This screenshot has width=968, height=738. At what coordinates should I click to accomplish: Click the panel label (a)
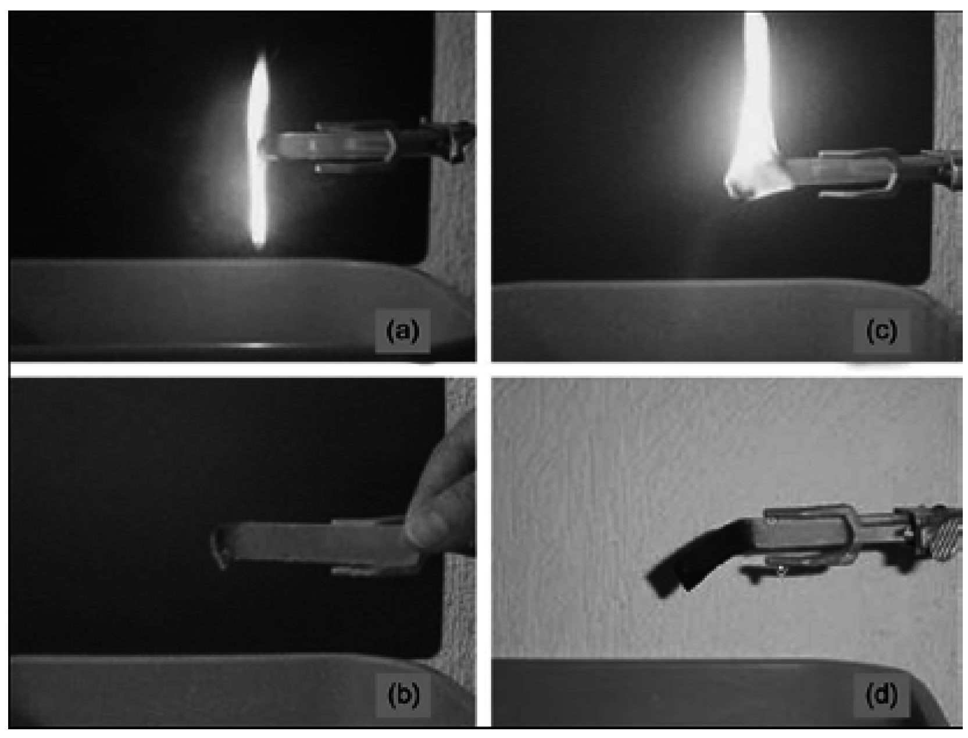click(x=402, y=331)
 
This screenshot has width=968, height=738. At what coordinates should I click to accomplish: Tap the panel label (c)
click(x=881, y=331)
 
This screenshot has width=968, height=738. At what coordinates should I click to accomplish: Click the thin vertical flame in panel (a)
click(x=259, y=150)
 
